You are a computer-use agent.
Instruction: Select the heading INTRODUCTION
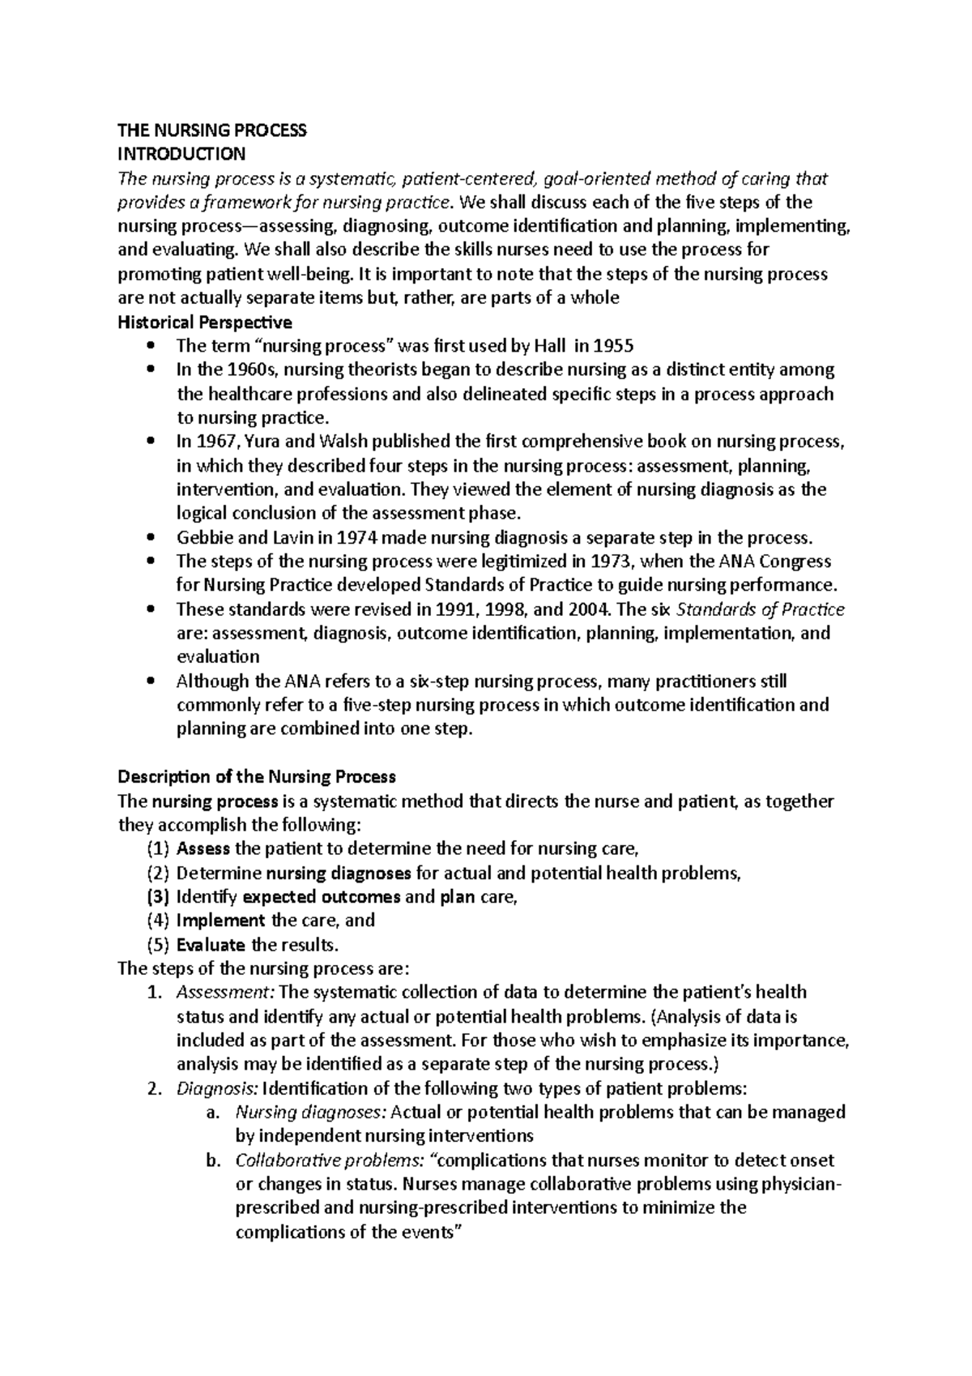click(181, 153)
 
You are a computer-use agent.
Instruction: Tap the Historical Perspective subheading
click(205, 322)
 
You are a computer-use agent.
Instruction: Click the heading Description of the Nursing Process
click(257, 776)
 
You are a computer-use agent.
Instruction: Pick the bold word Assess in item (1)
click(202, 849)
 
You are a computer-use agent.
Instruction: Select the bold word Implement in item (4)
click(220, 921)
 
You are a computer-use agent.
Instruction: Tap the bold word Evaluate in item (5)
click(211, 945)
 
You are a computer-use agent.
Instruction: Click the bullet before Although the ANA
click(151, 682)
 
